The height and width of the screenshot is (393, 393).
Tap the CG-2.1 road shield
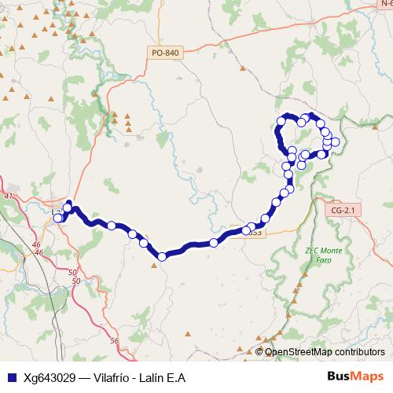coord(344,210)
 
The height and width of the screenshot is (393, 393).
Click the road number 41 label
coord(9,195)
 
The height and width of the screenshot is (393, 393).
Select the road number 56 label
coord(114,340)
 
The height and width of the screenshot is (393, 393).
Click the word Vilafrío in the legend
coord(111,377)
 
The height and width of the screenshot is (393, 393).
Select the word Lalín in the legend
coord(156,377)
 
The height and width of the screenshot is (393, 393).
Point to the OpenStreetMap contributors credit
coord(325,351)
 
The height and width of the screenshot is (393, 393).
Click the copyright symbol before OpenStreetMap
coord(259,351)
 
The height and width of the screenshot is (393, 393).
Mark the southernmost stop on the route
coord(162,256)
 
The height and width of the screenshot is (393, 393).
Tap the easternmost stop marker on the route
coord(336,142)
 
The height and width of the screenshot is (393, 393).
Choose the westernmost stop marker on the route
coord(57,218)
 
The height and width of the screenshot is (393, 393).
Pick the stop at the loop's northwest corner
coord(280,121)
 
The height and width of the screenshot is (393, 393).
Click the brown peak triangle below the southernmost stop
coord(154,265)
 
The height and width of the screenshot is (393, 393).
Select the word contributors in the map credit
coord(355,351)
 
